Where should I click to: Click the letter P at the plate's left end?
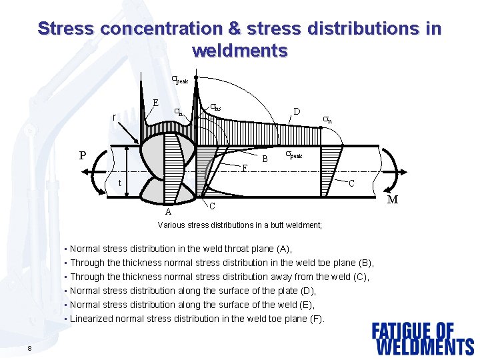coord(83,156)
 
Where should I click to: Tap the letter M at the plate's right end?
coord(393,199)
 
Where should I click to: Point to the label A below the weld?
coord(168,213)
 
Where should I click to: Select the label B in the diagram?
coord(265,159)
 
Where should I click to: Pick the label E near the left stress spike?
coord(155,103)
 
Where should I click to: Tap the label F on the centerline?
coord(245,168)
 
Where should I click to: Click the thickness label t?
coord(119,183)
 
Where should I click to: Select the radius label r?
coord(114,117)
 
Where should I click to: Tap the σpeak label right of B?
coord(293,155)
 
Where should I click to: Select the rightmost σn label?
coord(327,120)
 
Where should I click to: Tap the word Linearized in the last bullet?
coord(92,319)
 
